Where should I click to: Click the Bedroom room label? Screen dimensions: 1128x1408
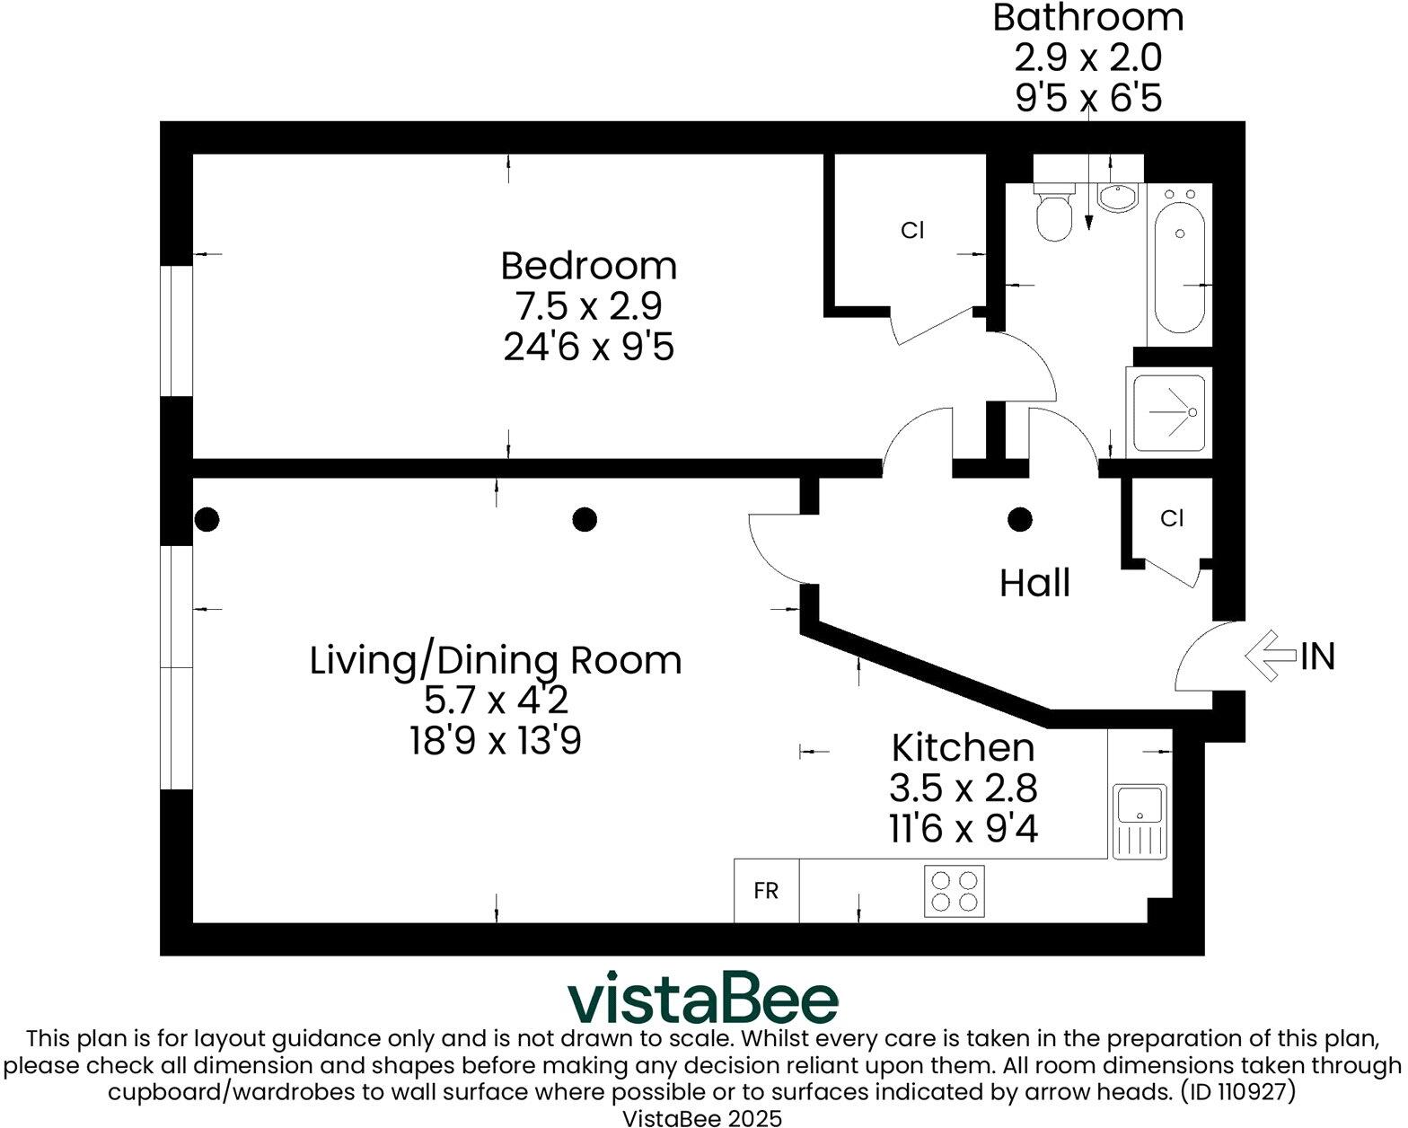[588, 267]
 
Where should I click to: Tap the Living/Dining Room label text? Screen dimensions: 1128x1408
[495, 661]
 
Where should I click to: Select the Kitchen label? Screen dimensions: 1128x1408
[962, 747]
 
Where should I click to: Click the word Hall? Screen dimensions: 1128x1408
[1034, 584]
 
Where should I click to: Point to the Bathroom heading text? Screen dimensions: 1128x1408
[1087, 19]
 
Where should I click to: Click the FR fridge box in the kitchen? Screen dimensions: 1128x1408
[766, 891]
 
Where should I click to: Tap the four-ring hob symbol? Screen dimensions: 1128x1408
[954, 891]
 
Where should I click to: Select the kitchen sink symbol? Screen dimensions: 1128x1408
[1140, 821]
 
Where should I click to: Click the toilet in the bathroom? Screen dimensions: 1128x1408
[1053, 212]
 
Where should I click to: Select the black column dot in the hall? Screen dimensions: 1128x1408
[1019, 519]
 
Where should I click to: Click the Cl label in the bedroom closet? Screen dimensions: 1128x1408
[911, 231]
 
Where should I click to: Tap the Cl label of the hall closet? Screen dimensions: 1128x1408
[1171, 518]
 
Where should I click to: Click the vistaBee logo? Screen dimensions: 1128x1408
[703, 998]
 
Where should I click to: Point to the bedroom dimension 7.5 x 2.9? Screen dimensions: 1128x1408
[588, 306]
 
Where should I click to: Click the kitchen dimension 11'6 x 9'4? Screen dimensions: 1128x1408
[963, 828]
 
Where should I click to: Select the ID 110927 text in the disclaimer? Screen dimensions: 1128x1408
[1236, 1092]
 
